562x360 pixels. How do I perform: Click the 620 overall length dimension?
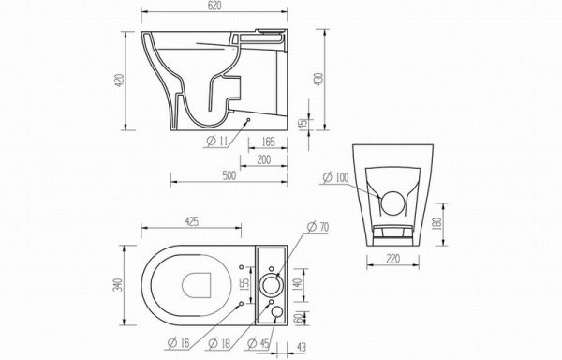coord(214,6)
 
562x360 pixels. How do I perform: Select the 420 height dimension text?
coord(119,81)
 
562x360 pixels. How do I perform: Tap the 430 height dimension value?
coord(318,80)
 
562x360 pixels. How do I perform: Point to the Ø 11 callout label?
coord(217,142)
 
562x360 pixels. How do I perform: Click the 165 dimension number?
coord(268,142)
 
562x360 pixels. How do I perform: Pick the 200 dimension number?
coord(264,160)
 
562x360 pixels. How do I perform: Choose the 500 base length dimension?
coord(229,175)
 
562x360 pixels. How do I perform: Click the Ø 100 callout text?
coord(335,177)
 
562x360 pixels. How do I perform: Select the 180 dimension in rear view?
coord(437,224)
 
